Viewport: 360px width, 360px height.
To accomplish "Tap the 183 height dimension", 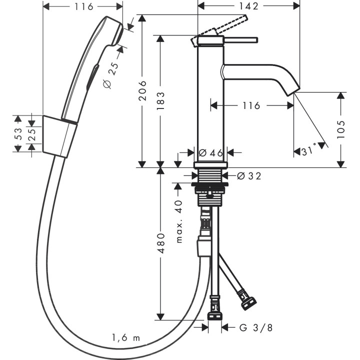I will (161, 100).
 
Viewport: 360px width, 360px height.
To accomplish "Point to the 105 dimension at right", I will (341, 129).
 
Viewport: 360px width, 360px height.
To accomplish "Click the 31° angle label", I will (306, 150).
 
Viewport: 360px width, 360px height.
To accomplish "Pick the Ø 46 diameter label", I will (210, 153).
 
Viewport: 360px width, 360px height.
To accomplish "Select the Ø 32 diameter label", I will (248, 175).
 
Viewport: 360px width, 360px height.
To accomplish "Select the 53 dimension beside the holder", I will (18, 133).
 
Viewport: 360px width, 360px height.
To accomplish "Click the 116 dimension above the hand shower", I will (82, 6).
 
